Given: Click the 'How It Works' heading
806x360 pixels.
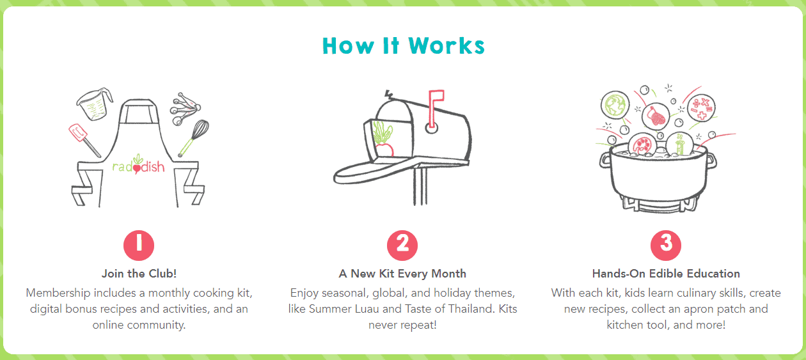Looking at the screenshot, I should click(x=404, y=46).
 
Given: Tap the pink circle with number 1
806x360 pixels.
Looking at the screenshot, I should click(x=139, y=244).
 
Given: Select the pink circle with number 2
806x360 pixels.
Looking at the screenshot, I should click(x=402, y=244).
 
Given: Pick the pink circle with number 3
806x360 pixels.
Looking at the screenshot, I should click(x=666, y=244).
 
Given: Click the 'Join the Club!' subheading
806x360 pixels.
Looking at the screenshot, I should click(x=139, y=274).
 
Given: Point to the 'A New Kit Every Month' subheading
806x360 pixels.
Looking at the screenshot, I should click(x=402, y=274).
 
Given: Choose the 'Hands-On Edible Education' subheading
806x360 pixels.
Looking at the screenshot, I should click(x=666, y=274).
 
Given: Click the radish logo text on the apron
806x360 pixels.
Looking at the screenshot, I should click(x=138, y=166).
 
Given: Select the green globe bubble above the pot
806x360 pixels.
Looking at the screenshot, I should click(x=615, y=105).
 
